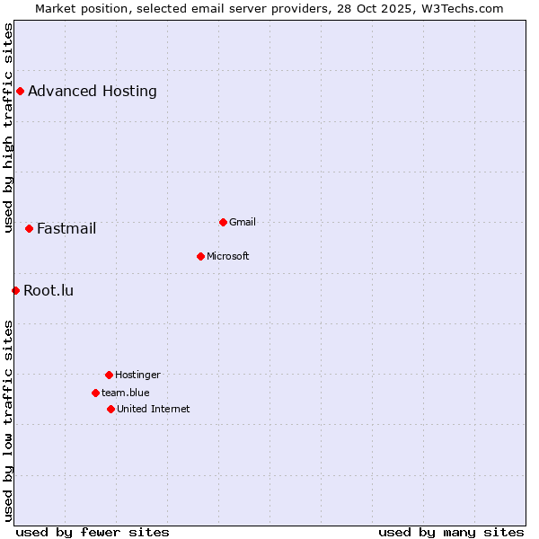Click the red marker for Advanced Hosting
click(x=20, y=91)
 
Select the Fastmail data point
click(x=29, y=228)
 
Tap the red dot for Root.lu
click(x=15, y=290)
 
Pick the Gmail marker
click(x=223, y=222)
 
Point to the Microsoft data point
click(x=200, y=256)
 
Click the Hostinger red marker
click(x=109, y=375)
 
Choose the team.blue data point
click(x=95, y=393)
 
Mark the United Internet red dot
click(x=110, y=409)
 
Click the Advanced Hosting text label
click(x=93, y=91)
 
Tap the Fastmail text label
click(x=66, y=228)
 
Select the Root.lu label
click(x=49, y=290)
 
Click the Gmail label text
click(x=243, y=222)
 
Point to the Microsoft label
click(x=228, y=256)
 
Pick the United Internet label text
click(x=154, y=409)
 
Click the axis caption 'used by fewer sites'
click(x=93, y=532)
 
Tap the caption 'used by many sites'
click(x=451, y=532)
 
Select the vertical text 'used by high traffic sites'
click(x=8, y=128)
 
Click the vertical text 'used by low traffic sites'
click(x=8, y=420)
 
